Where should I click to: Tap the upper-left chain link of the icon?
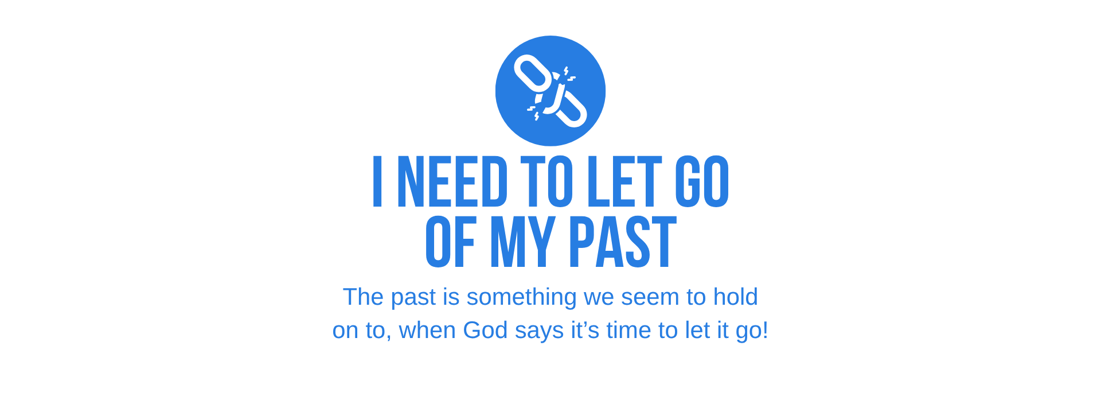533,73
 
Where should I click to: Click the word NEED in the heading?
452,181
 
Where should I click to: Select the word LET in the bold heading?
625,181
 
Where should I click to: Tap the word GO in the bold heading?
702,181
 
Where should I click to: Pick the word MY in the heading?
522,242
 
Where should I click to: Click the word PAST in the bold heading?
623,242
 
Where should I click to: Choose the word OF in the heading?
451,242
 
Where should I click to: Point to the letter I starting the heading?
377,181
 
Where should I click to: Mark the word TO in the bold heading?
547,181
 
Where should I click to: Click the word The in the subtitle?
363,297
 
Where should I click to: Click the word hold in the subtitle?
735,297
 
